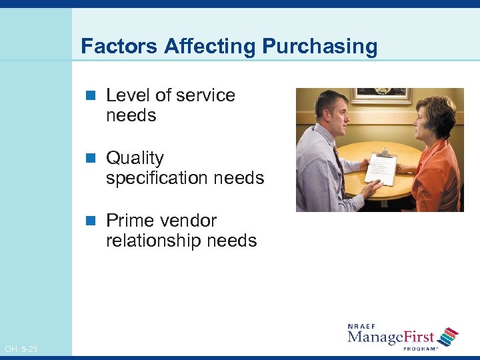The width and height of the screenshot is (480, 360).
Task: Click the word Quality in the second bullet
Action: [x=135, y=158]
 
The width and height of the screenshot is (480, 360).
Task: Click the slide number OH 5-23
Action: [x=21, y=349]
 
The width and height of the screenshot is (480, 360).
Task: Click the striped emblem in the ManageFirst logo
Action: [x=449, y=337]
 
